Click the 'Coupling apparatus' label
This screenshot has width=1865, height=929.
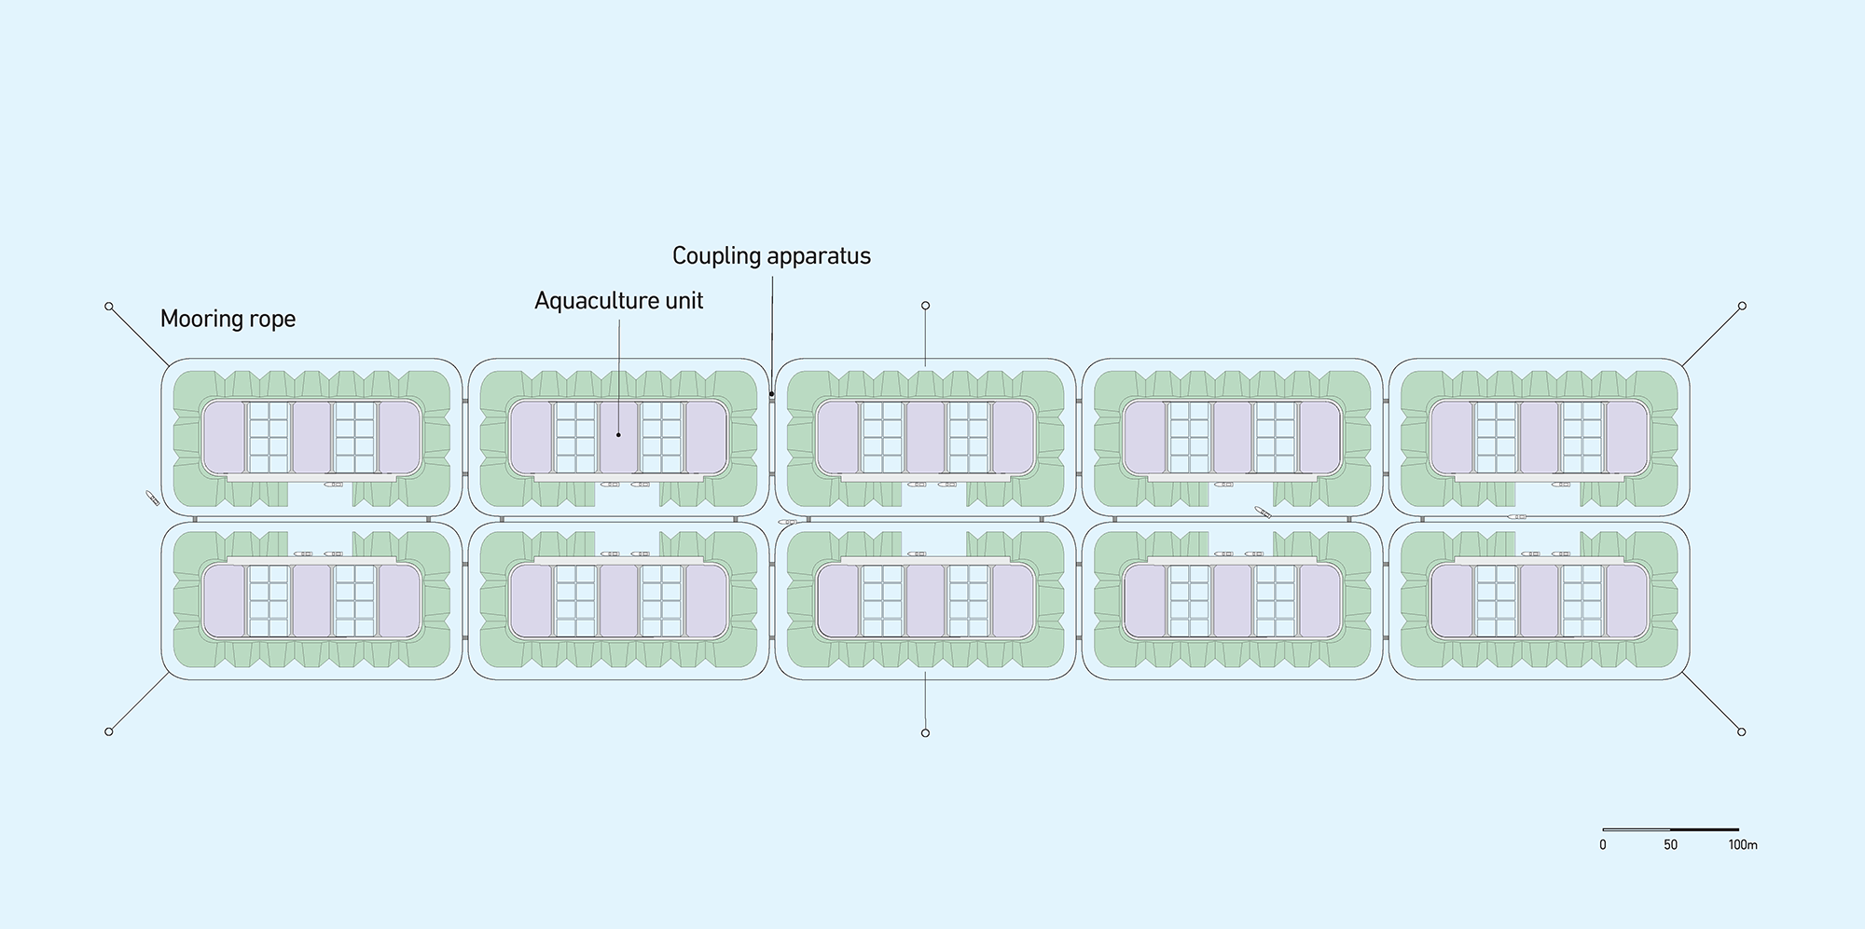[771, 256]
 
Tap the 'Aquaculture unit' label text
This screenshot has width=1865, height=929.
[618, 301]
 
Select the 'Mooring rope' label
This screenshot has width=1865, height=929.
[228, 320]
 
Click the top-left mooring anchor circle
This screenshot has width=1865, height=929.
[109, 307]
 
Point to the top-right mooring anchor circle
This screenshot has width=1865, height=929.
[1741, 306]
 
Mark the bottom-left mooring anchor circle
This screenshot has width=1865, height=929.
[109, 731]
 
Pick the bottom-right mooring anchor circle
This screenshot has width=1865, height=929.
[1741, 732]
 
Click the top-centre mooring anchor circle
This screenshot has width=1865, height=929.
[925, 306]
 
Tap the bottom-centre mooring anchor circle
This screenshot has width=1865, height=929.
[925, 733]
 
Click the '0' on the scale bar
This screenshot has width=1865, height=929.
[1603, 845]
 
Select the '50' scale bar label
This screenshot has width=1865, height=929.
[1670, 845]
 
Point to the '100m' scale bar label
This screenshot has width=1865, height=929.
[1742, 845]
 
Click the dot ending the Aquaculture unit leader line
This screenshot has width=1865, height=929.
[618, 435]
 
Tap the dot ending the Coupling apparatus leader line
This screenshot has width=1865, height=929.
[771, 394]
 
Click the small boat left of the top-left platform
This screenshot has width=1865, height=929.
[152, 499]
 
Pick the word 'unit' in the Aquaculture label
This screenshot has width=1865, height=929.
[684, 301]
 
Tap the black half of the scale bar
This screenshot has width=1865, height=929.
[1705, 829]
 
